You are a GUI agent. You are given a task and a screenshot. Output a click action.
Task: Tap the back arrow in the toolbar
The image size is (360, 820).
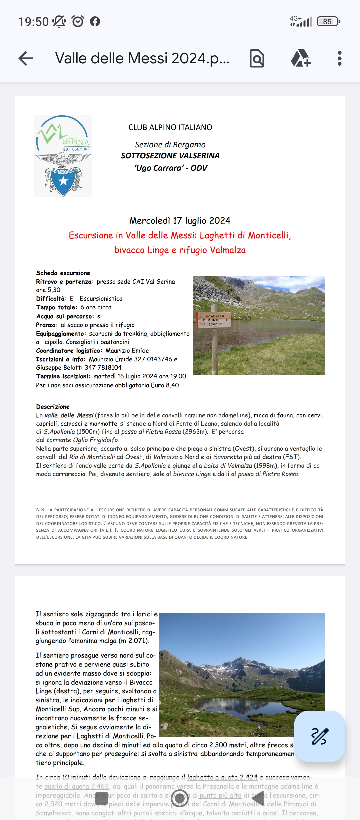pos(26,58)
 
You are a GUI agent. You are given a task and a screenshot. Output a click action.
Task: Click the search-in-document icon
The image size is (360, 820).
pos(257,58)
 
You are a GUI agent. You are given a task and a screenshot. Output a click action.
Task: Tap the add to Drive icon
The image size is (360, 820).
pos(301,58)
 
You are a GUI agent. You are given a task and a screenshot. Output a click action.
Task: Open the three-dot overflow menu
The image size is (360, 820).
pos(339,58)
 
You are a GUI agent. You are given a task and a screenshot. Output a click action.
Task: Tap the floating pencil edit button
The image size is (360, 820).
pos(319,736)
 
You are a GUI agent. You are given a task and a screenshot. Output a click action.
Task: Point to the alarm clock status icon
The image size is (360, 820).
pos(78,21)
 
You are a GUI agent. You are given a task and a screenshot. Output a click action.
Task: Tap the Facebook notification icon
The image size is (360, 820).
pos(95,21)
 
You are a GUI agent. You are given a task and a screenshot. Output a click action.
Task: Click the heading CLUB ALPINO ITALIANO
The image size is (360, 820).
pos(170,127)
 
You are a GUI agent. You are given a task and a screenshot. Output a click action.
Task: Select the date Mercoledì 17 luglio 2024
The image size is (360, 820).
pos(180,221)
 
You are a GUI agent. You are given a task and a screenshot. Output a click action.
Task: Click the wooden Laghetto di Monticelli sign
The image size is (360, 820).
pos(214,320)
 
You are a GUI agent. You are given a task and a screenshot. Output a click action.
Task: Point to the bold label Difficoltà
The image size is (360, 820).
pos(51,299)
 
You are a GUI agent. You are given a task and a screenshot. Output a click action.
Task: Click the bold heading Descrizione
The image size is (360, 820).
pos(53,407)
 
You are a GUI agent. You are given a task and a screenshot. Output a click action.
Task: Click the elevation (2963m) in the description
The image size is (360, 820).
pos(195,432)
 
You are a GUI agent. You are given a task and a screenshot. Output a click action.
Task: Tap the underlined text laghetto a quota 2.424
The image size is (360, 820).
pos(222,777)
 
